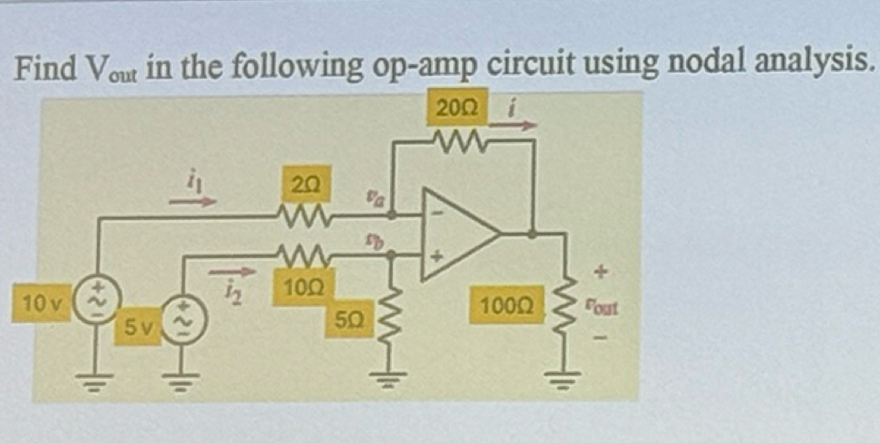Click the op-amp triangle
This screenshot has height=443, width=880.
pos(458,233)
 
